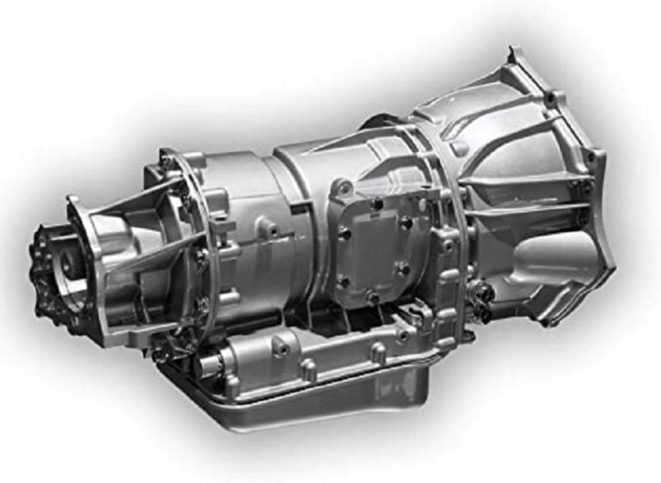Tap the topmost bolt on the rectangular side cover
point(376,203)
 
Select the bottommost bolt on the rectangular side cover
point(372,297)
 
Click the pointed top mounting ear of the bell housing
point(516,59)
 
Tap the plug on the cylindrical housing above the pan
point(280,345)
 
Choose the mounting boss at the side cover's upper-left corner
point(343,186)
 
